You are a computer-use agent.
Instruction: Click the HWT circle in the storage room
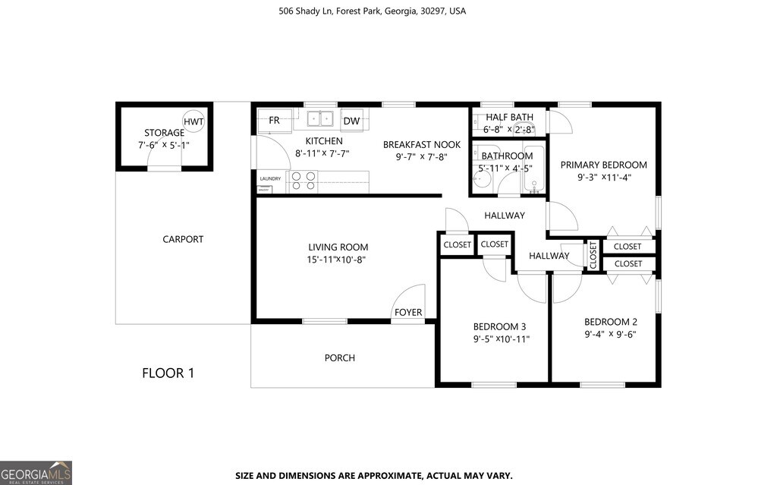pos(193,121)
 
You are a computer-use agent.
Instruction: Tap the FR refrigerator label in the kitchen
pos(274,121)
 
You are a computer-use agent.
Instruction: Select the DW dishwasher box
pos(351,121)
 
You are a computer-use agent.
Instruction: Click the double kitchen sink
pos(321,118)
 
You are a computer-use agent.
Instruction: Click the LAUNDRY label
pos(270,179)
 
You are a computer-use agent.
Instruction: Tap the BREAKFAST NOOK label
pos(422,144)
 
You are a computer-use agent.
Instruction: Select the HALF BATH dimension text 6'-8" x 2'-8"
pos(510,129)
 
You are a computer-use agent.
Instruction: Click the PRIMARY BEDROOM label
pos(603,165)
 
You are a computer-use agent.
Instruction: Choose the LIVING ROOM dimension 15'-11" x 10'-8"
pos(338,260)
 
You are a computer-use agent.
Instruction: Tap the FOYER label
pos(407,313)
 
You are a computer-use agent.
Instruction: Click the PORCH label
pos(339,357)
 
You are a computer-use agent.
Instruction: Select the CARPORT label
pos(183,239)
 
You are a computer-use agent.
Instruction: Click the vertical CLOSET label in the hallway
pos(593,254)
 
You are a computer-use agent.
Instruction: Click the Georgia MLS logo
pos(36,471)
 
